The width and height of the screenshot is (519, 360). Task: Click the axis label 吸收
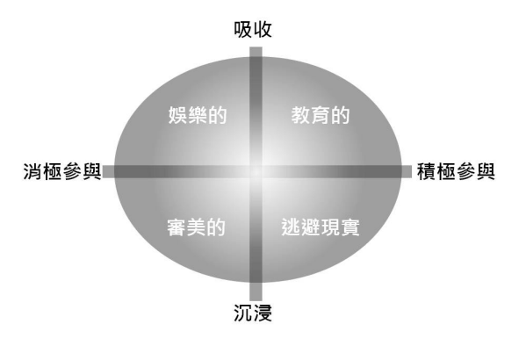(253, 30)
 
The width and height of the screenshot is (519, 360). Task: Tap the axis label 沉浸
(253, 313)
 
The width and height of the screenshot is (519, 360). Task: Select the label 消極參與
(62, 171)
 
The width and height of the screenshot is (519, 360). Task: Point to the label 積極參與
(456, 171)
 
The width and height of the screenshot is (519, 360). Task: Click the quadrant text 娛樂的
(198, 115)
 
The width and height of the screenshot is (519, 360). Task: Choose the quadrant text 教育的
(321, 115)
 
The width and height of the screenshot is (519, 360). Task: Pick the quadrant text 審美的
(197, 227)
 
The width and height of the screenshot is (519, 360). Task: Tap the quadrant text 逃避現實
(321, 227)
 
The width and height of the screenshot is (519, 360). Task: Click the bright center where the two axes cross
(256, 172)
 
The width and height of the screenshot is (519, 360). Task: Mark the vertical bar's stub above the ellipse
(256, 52)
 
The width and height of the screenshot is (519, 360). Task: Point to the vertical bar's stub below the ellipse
(256, 292)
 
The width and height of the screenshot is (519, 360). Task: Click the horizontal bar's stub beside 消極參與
(109, 172)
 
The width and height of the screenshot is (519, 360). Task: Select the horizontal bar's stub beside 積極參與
(407, 172)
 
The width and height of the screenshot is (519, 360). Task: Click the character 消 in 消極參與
(32, 171)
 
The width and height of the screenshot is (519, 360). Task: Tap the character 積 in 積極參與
(426, 171)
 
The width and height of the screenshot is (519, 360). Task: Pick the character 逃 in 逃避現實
(291, 227)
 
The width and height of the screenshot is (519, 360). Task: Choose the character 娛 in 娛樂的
(177, 115)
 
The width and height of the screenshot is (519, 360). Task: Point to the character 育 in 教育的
(321, 115)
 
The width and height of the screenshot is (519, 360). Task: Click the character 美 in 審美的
(197, 227)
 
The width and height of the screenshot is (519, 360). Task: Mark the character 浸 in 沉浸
(263, 313)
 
